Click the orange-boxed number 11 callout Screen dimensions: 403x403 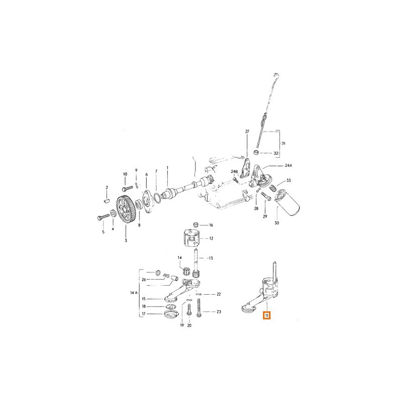266,315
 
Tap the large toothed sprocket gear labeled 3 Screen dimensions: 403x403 125,210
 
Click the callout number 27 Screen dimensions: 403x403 247,131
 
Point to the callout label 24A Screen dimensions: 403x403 289,166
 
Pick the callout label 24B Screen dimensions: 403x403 234,171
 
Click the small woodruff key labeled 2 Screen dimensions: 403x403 107,200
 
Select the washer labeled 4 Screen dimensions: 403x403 113,213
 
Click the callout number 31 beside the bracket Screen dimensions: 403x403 283,144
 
